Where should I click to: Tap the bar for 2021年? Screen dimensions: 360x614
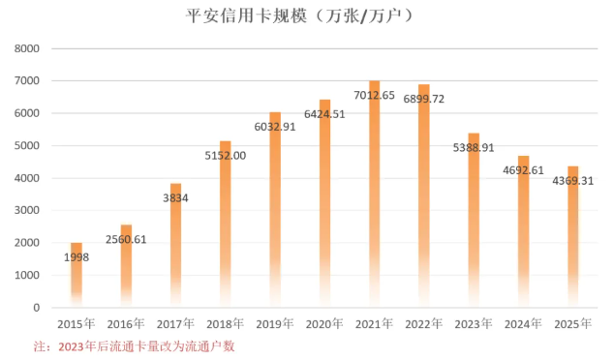pyautogui.click(x=375, y=194)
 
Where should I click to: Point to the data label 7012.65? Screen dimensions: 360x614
pyautogui.click(x=375, y=96)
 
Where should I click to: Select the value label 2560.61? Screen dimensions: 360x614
pyautogui.click(x=126, y=239)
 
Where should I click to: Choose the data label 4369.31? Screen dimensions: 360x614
pyautogui.click(x=572, y=181)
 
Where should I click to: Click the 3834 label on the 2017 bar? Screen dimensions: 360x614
pyautogui.click(x=176, y=197)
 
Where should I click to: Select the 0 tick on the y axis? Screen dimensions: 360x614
pyautogui.click(x=35, y=308)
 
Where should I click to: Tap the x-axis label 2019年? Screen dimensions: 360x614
pyautogui.click(x=275, y=323)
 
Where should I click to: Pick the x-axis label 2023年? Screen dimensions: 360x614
pyautogui.click(x=474, y=323)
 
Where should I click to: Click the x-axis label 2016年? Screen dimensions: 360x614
pyautogui.click(x=126, y=323)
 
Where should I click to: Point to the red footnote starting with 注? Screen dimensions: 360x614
pyautogui.click(x=136, y=345)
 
